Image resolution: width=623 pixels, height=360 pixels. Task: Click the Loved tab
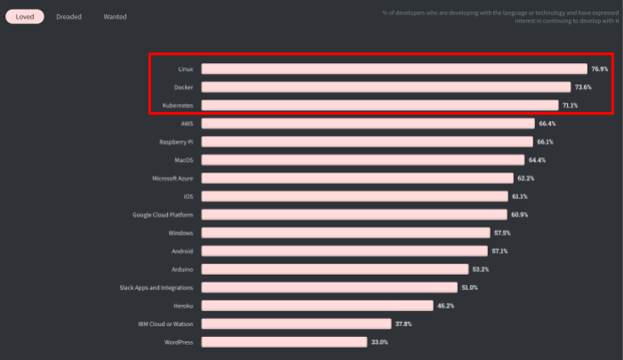tap(24, 17)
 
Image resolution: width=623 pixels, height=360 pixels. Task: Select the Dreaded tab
tap(68, 17)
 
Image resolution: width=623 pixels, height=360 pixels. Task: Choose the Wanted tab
tap(115, 17)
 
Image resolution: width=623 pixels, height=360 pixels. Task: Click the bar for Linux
tap(394, 68)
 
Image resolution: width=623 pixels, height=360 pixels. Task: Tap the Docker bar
tap(386, 87)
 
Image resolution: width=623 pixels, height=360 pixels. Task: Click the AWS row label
tap(187, 124)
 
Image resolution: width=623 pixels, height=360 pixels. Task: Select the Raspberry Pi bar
tap(368, 141)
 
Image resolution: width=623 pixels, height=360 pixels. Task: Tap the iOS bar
tap(354, 196)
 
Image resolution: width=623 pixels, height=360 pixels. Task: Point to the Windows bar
tap(346, 233)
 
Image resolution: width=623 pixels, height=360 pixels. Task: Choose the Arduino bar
tap(334, 269)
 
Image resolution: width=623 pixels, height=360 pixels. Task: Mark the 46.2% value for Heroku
tap(446, 306)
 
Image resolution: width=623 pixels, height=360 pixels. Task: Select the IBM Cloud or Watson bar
tap(296, 324)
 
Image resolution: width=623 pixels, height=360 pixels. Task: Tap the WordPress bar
tap(284, 342)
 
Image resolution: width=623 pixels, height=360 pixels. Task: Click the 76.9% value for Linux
tap(599, 68)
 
